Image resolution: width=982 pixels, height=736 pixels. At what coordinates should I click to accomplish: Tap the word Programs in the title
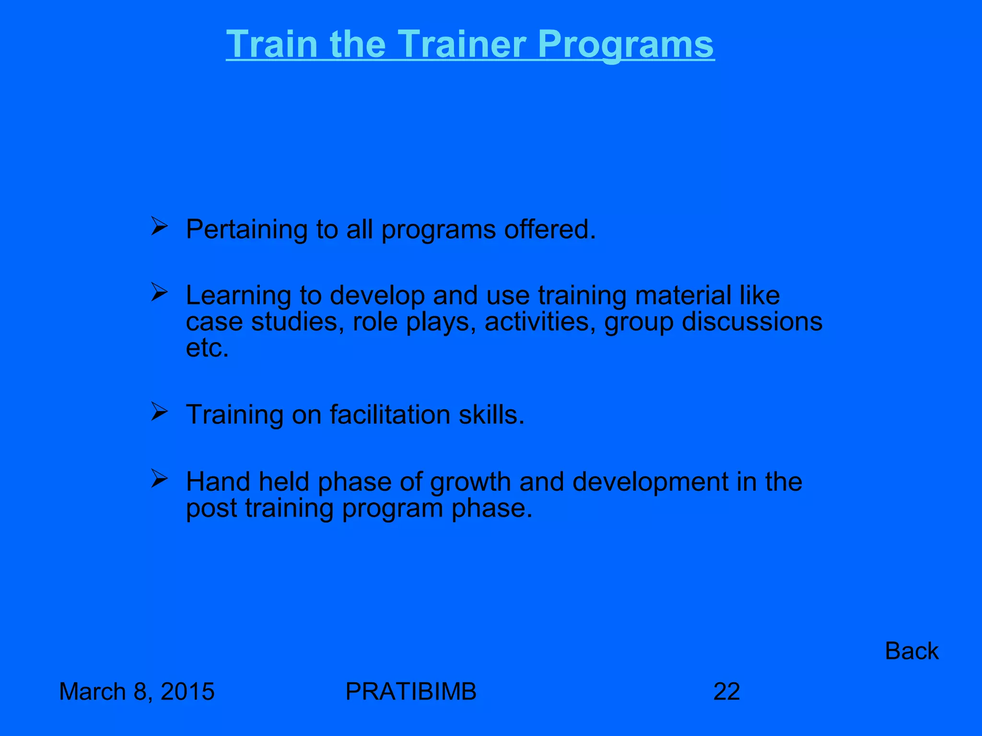[625, 45]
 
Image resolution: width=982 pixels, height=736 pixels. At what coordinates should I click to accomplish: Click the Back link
[911, 651]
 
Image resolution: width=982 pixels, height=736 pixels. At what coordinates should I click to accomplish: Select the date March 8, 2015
[137, 691]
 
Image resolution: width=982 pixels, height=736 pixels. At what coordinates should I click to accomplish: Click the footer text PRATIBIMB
[411, 691]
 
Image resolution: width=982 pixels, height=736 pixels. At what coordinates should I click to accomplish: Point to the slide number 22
[726, 691]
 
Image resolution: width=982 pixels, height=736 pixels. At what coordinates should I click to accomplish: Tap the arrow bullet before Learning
[159, 292]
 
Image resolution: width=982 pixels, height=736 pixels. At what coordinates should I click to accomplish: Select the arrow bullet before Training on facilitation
[159, 411]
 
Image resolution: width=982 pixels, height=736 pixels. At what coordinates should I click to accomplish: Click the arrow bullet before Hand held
[159, 478]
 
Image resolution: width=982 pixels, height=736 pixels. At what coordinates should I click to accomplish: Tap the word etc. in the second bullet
[207, 348]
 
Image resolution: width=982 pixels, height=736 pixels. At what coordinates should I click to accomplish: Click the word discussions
[752, 321]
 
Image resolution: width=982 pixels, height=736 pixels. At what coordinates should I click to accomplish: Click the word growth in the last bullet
[470, 482]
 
